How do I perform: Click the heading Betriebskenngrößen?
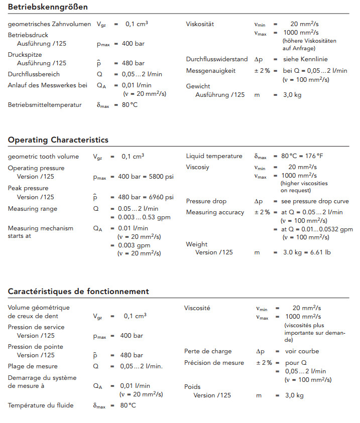click(x=48, y=7)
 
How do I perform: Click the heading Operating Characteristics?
click(x=58, y=139)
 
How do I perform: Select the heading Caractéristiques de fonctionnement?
click(x=78, y=291)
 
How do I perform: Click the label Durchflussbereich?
click(x=34, y=74)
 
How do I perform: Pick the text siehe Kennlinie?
click(x=306, y=60)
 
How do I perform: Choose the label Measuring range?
click(x=33, y=209)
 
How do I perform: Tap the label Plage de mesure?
click(x=33, y=366)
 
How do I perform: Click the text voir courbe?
click(x=302, y=351)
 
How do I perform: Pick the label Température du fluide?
click(x=41, y=405)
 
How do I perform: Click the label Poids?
click(x=192, y=387)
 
